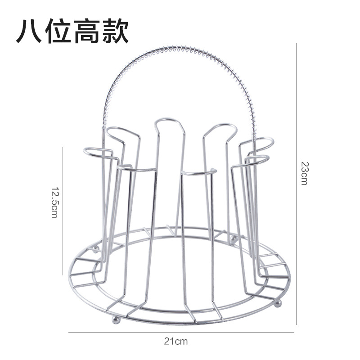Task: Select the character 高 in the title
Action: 87,31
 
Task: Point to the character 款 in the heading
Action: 115,31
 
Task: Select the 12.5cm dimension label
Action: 54,202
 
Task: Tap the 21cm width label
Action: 176,341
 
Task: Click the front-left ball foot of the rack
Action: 116,320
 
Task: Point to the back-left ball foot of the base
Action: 95,248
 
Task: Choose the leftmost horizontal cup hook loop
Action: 98,153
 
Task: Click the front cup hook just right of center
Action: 198,172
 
